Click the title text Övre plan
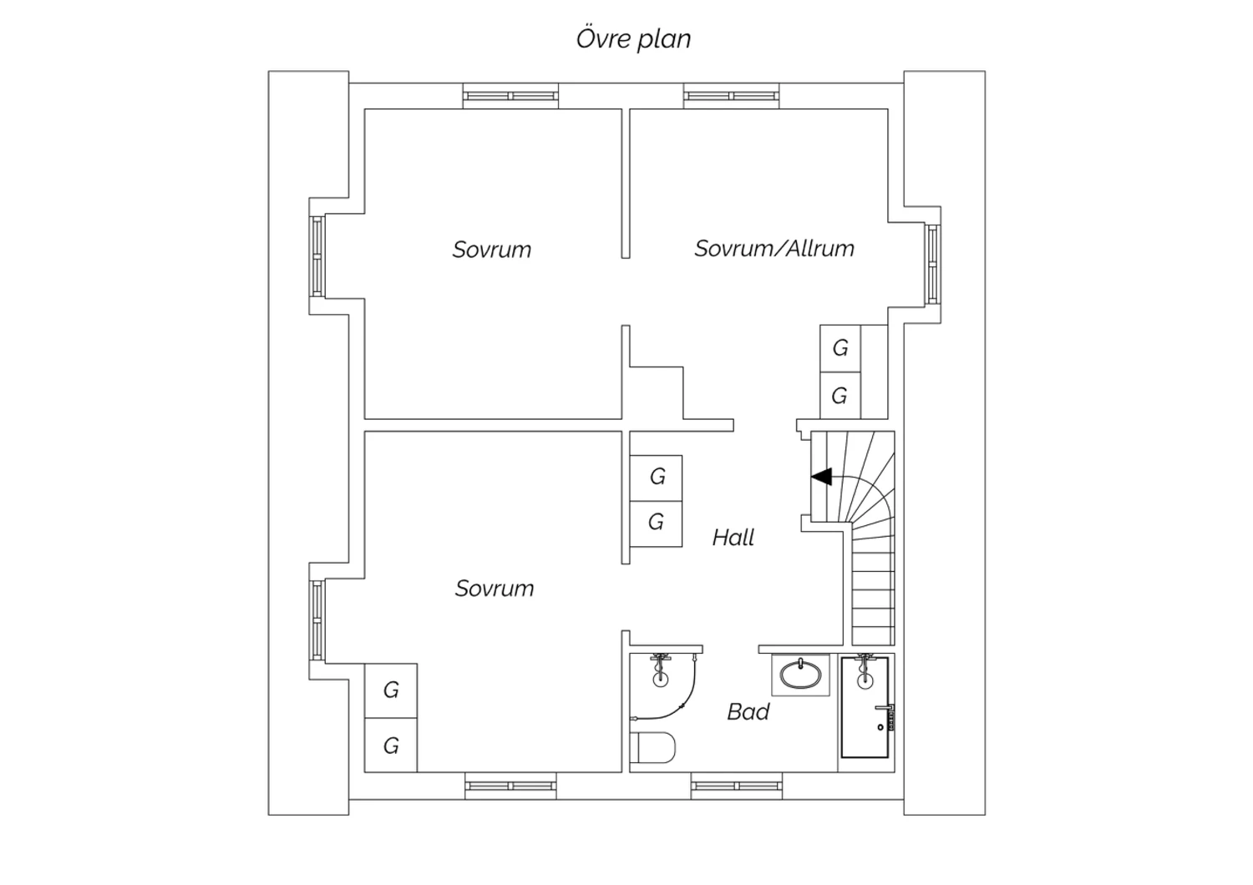(633, 38)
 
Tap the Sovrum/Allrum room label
(774, 248)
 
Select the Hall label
(733, 537)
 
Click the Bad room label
(748, 711)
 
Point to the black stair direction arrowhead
(821, 477)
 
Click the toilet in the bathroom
(652, 747)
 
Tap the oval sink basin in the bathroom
(800, 675)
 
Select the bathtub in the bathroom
(865, 707)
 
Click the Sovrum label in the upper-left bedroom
(492, 250)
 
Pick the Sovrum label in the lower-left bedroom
(495, 588)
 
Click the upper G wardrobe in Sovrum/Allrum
(840, 348)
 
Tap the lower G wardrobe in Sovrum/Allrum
(840, 396)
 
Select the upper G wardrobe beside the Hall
(656, 478)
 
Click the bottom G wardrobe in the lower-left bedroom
(390, 746)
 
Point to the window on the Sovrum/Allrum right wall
(932, 264)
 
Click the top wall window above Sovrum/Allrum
(731, 96)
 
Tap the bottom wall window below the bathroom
(736, 786)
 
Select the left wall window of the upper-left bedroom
(317, 256)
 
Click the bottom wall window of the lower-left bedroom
(510, 786)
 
